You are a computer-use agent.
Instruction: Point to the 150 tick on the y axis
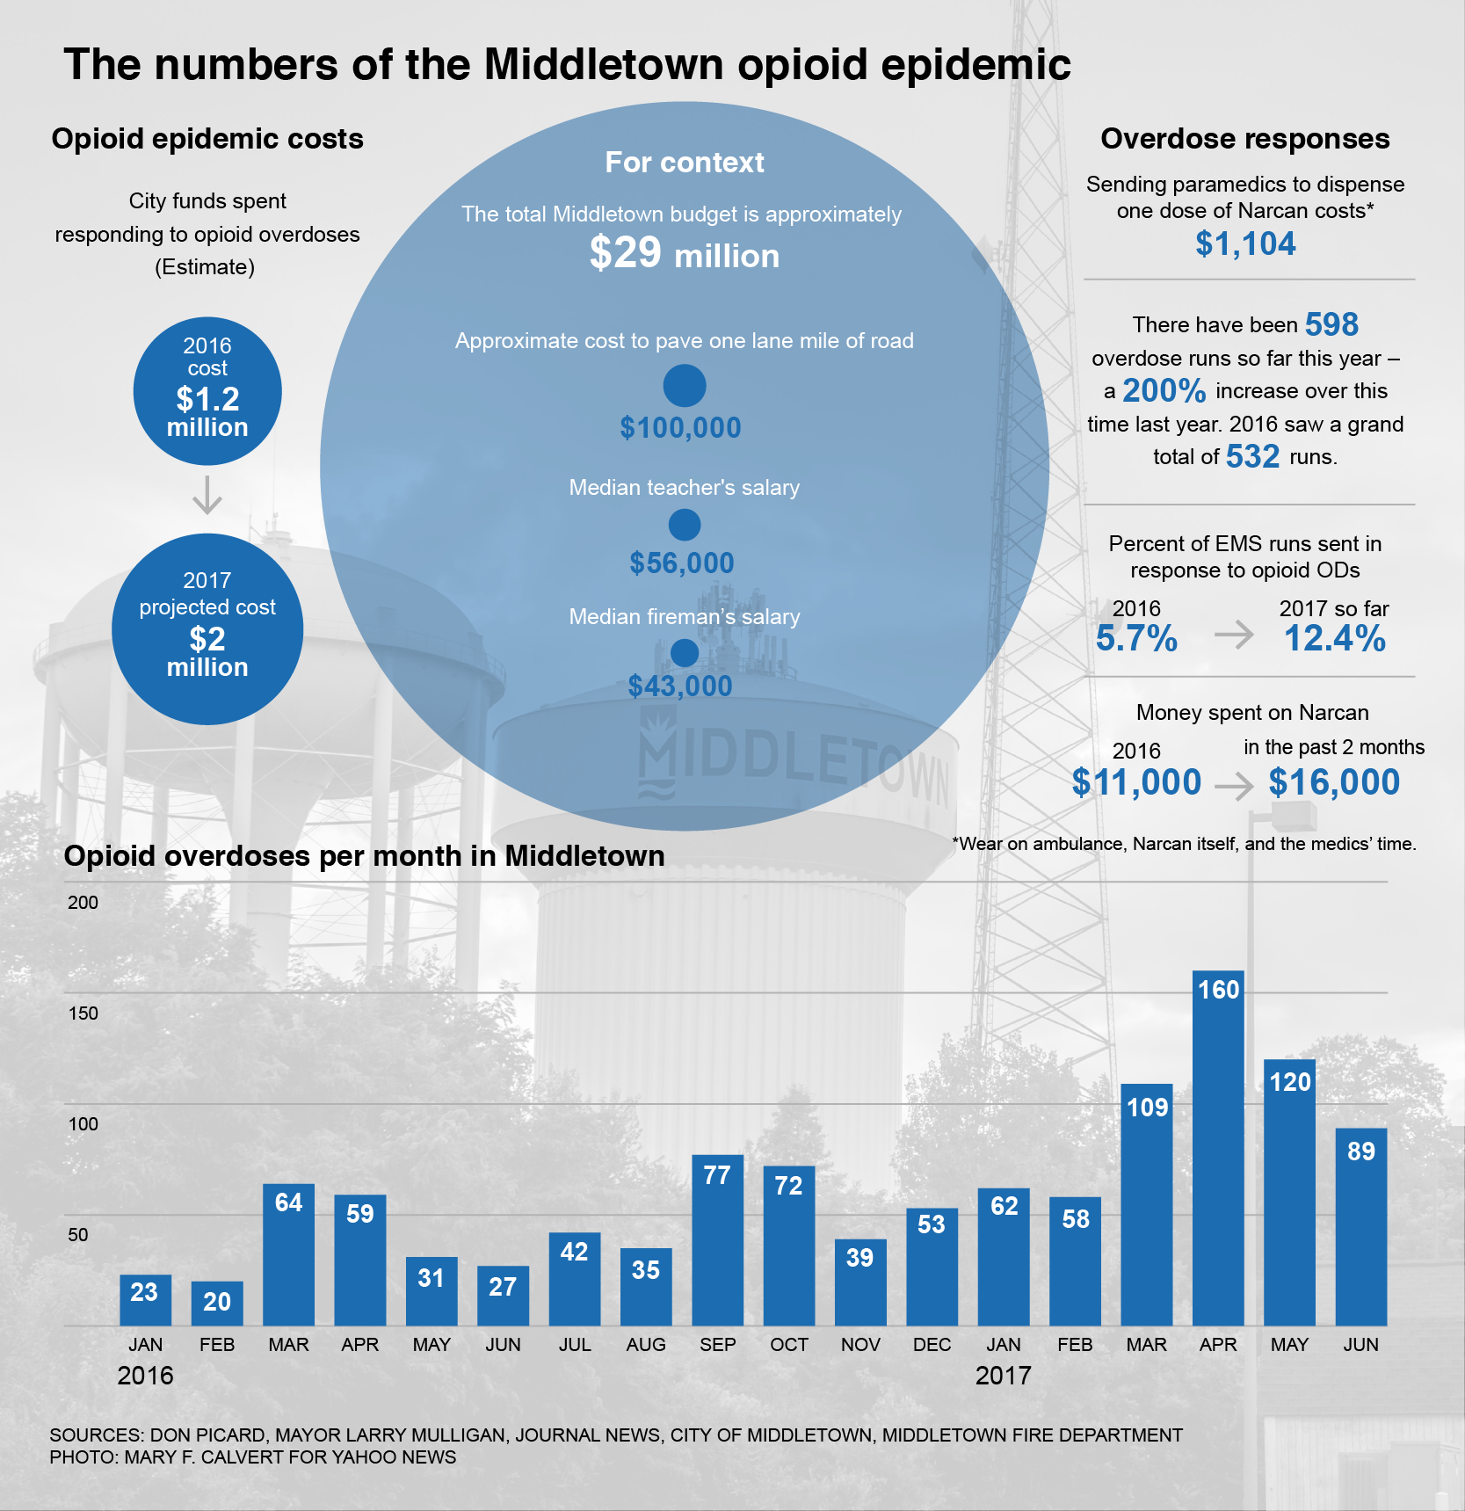(83, 1013)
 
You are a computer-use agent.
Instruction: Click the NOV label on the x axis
(860, 1345)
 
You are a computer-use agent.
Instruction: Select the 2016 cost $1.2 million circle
(207, 391)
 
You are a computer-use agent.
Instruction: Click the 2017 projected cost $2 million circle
(207, 629)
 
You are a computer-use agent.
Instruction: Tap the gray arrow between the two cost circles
(207, 496)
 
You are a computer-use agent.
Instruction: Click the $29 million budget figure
(684, 254)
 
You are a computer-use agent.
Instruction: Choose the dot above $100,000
(684, 385)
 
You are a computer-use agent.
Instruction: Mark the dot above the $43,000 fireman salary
(684, 653)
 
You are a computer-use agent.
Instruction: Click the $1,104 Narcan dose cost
(1245, 244)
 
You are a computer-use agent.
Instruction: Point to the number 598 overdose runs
(1331, 325)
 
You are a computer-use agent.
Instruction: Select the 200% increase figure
(1164, 390)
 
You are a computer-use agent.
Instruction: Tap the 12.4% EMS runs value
(1334, 639)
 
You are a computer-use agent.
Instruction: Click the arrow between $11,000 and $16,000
(1235, 785)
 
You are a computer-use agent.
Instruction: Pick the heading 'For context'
(684, 163)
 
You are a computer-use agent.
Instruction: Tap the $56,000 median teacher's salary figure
(681, 563)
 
